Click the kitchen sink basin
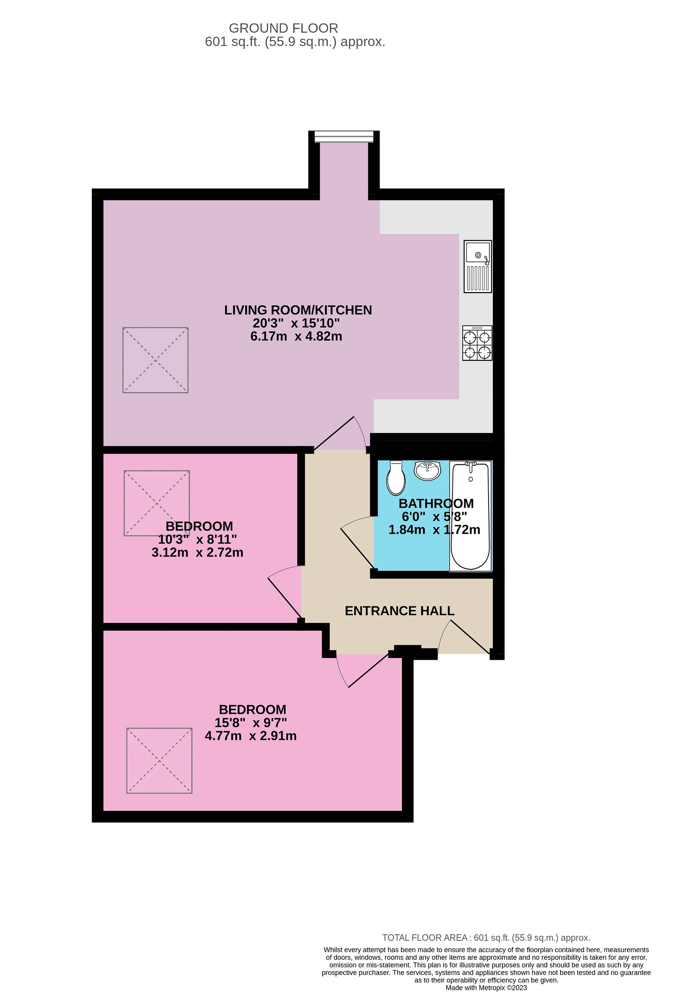(478, 252)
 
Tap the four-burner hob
(477, 343)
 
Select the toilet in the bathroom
(396, 479)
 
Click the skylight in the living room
(155, 360)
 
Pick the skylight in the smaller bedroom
(157, 503)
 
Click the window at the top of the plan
(344, 137)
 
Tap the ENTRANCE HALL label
(399, 611)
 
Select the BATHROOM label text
(436, 503)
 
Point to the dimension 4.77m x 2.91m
(251, 735)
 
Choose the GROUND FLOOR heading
(283, 28)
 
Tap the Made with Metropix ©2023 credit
(486, 988)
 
